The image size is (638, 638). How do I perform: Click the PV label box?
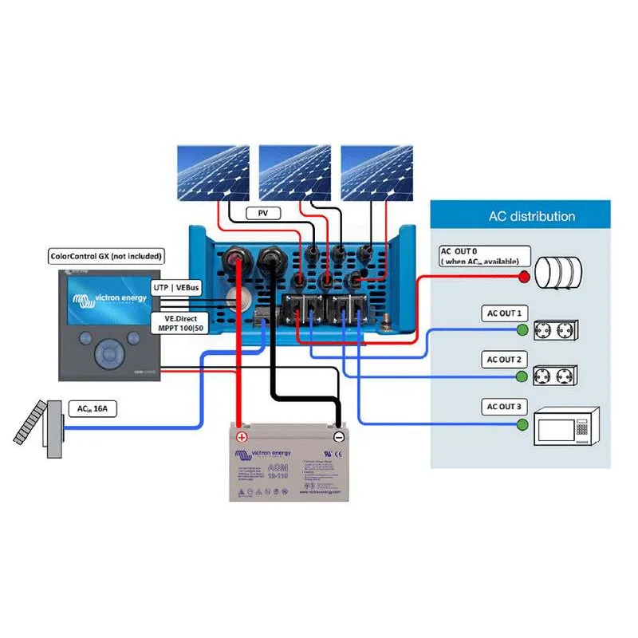(262, 213)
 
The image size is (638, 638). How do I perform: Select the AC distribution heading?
(532, 216)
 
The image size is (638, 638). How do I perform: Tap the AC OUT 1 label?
(504, 313)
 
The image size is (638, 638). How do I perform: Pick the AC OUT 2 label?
(504, 360)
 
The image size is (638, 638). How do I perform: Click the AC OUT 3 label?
(504, 407)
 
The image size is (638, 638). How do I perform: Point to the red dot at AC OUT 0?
(524, 277)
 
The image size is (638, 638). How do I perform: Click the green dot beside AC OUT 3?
(522, 423)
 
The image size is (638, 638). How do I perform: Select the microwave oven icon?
(566, 426)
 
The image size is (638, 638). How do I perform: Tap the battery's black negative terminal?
(338, 436)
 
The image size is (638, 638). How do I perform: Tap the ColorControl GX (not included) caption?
(106, 256)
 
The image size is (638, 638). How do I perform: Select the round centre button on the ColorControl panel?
(106, 352)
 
